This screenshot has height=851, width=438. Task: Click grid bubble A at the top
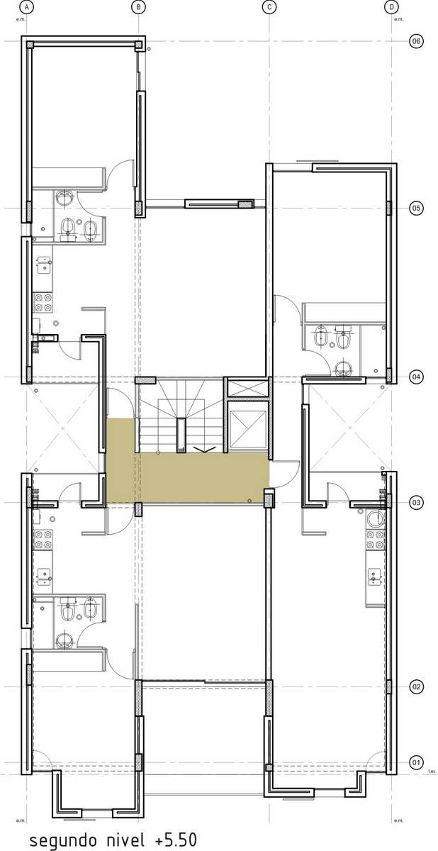pyautogui.click(x=26, y=6)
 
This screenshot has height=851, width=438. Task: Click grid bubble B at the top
pyautogui.click(x=138, y=6)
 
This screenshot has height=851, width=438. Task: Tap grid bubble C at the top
pyautogui.click(x=269, y=6)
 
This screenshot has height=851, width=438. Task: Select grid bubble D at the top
pyautogui.click(x=391, y=6)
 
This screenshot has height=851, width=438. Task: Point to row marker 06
pyautogui.click(x=416, y=40)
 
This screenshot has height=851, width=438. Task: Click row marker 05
pyautogui.click(x=416, y=208)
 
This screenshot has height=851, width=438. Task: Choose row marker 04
pyautogui.click(x=416, y=377)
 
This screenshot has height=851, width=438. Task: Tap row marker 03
pyautogui.click(x=416, y=503)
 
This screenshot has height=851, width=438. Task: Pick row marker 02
pyautogui.click(x=416, y=687)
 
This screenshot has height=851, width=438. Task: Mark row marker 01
pyautogui.click(x=416, y=762)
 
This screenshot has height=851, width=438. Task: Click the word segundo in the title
pyautogui.click(x=62, y=840)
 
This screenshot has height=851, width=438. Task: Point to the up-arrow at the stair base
pyautogui.click(x=203, y=450)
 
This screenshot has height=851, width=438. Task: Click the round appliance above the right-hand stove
pyautogui.click(x=376, y=518)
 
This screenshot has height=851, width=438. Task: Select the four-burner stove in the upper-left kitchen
pyautogui.click(x=43, y=302)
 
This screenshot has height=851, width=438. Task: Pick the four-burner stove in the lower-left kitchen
pyautogui.click(x=43, y=540)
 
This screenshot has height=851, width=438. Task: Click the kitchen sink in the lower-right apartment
pyautogui.click(x=375, y=576)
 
